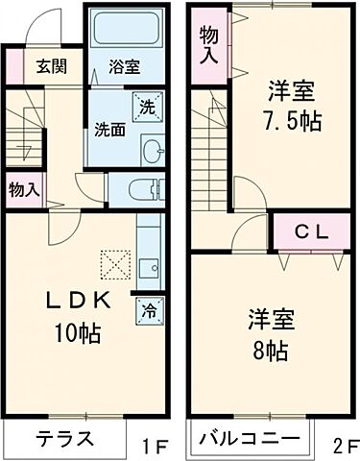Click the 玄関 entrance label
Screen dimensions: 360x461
[x=52, y=67]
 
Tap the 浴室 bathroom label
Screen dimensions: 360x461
[x=124, y=67]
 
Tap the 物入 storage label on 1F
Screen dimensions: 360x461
[x=23, y=189]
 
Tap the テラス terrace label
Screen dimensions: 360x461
[x=65, y=440]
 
